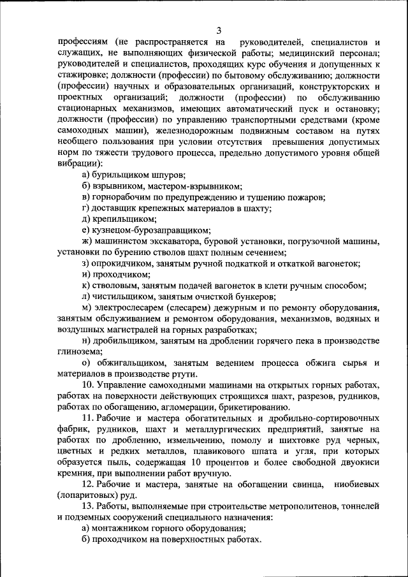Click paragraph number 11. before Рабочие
(89, 418)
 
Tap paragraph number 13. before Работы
(89, 506)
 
